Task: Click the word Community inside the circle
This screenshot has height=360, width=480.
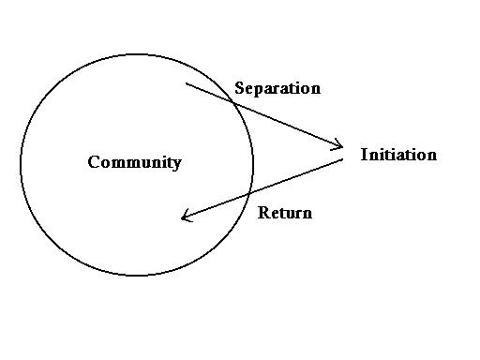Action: (x=134, y=162)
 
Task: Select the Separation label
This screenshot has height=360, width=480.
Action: (x=277, y=88)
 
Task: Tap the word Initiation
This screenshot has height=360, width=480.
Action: (x=398, y=155)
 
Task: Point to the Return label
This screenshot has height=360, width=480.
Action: (x=285, y=213)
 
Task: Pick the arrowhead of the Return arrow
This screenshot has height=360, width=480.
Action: (x=184, y=218)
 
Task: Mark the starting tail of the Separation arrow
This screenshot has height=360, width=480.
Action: (x=186, y=83)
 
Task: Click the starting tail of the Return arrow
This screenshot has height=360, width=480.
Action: (x=343, y=160)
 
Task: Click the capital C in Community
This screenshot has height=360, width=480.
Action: (x=94, y=162)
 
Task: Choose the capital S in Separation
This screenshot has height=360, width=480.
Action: (x=240, y=88)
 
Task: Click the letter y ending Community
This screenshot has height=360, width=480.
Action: (x=176, y=164)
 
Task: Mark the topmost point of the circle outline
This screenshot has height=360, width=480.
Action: (x=137, y=54)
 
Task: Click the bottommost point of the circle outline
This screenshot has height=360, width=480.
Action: (x=137, y=276)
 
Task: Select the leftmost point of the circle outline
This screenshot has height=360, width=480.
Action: (x=21, y=165)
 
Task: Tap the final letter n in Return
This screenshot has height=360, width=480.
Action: (x=307, y=214)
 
